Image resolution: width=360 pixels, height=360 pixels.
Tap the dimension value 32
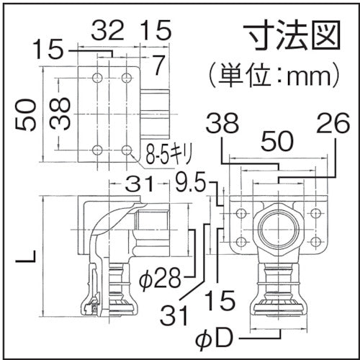point(107,30)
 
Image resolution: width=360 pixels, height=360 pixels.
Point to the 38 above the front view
point(222,126)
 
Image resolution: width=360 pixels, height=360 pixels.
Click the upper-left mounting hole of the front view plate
point(240,213)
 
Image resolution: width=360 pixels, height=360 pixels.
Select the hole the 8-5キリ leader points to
point(127,150)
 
